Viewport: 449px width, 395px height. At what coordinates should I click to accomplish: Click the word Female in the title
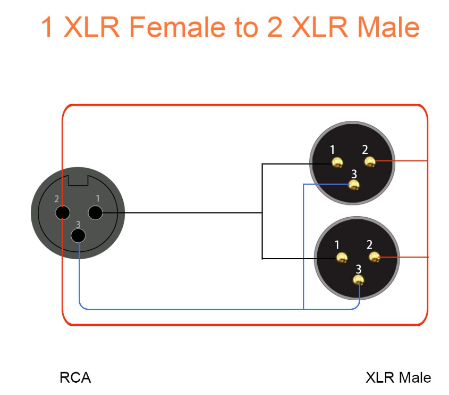point(177,27)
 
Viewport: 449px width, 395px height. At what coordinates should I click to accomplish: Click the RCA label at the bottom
point(75,377)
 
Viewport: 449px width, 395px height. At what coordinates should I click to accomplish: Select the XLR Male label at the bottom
point(399,377)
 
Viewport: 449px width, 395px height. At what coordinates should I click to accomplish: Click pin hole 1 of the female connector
point(95,213)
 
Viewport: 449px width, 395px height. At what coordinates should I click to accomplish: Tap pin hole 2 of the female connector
point(63,213)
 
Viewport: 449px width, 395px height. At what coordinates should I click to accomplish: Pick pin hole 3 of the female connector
point(78,236)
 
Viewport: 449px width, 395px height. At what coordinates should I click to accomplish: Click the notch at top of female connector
point(78,180)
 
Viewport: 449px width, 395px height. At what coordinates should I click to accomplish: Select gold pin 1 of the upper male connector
point(337,163)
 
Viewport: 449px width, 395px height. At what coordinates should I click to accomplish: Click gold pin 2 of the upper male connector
point(370,162)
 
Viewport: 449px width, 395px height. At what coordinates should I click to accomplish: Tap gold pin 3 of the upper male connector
point(354,185)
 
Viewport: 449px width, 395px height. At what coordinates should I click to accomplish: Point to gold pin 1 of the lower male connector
point(342,258)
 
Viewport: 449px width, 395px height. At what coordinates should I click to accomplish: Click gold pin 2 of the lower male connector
point(374,257)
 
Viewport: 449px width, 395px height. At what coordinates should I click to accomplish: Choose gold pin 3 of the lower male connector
point(359,280)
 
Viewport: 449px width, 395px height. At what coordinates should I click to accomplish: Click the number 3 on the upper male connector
point(354,174)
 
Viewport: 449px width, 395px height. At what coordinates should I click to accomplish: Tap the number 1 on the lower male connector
point(337,245)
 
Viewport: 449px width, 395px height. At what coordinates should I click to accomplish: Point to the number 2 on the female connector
point(56,199)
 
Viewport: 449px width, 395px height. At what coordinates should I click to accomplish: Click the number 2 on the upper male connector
point(365,150)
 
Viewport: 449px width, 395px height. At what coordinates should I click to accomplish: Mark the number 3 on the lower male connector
point(359,269)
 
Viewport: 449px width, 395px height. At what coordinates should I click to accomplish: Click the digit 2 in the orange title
point(275,27)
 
